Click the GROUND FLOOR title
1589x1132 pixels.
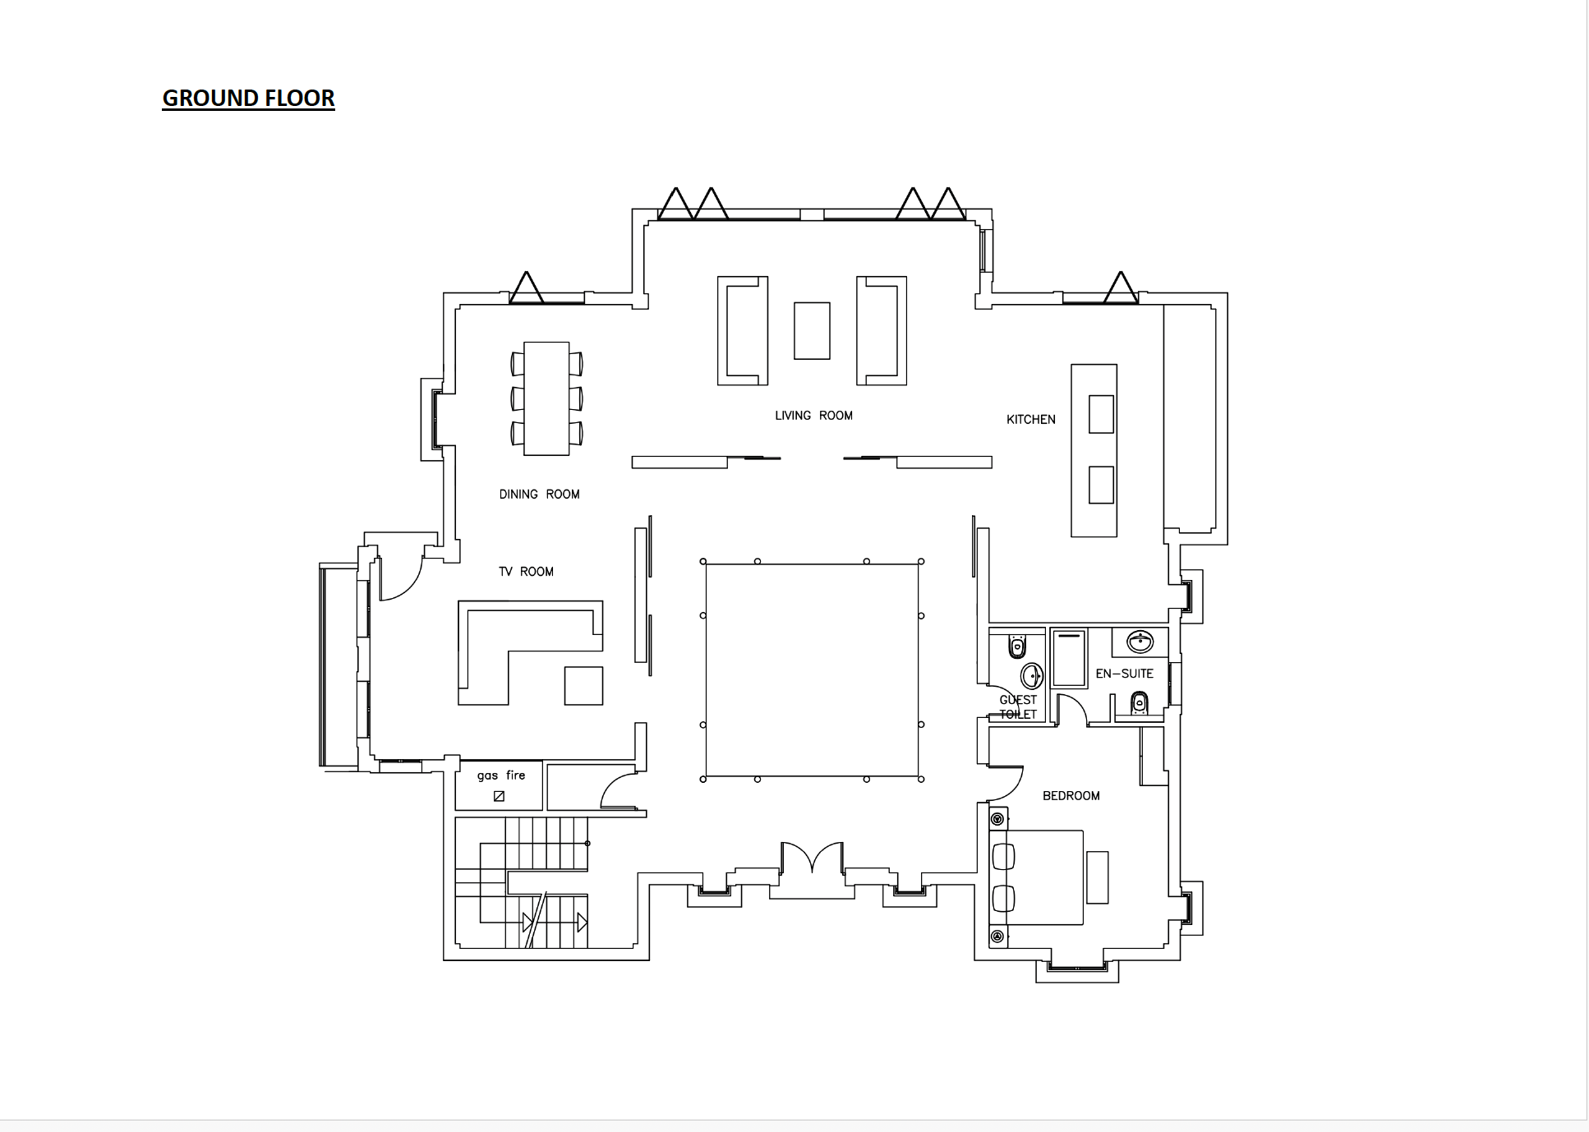pyautogui.click(x=248, y=99)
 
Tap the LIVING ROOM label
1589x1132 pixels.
pyautogui.click(x=813, y=416)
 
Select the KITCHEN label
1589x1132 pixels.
pyautogui.click(x=1031, y=420)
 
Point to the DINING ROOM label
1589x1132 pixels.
pyautogui.click(x=539, y=495)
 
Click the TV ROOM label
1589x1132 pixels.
pyautogui.click(x=526, y=572)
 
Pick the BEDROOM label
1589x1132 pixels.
pyautogui.click(x=1071, y=796)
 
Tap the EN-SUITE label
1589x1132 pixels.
pyautogui.click(x=1124, y=674)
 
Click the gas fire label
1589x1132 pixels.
pyautogui.click(x=501, y=775)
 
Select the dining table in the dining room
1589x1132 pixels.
pyautogui.click(x=546, y=398)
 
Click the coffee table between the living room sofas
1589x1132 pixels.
pyautogui.click(x=812, y=331)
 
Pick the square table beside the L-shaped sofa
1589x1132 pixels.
pyautogui.click(x=583, y=686)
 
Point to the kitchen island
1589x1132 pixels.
pyautogui.click(x=1094, y=450)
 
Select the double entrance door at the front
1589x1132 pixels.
pyautogui.click(x=812, y=858)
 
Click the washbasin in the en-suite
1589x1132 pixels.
pyautogui.click(x=1140, y=642)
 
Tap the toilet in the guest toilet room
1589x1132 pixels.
pyautogui.click(x=1017, y=647)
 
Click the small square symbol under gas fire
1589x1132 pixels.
pyautogui.click(x=499, y=796)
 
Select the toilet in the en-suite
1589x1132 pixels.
pyautogui.click(x=1139, y=703)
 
